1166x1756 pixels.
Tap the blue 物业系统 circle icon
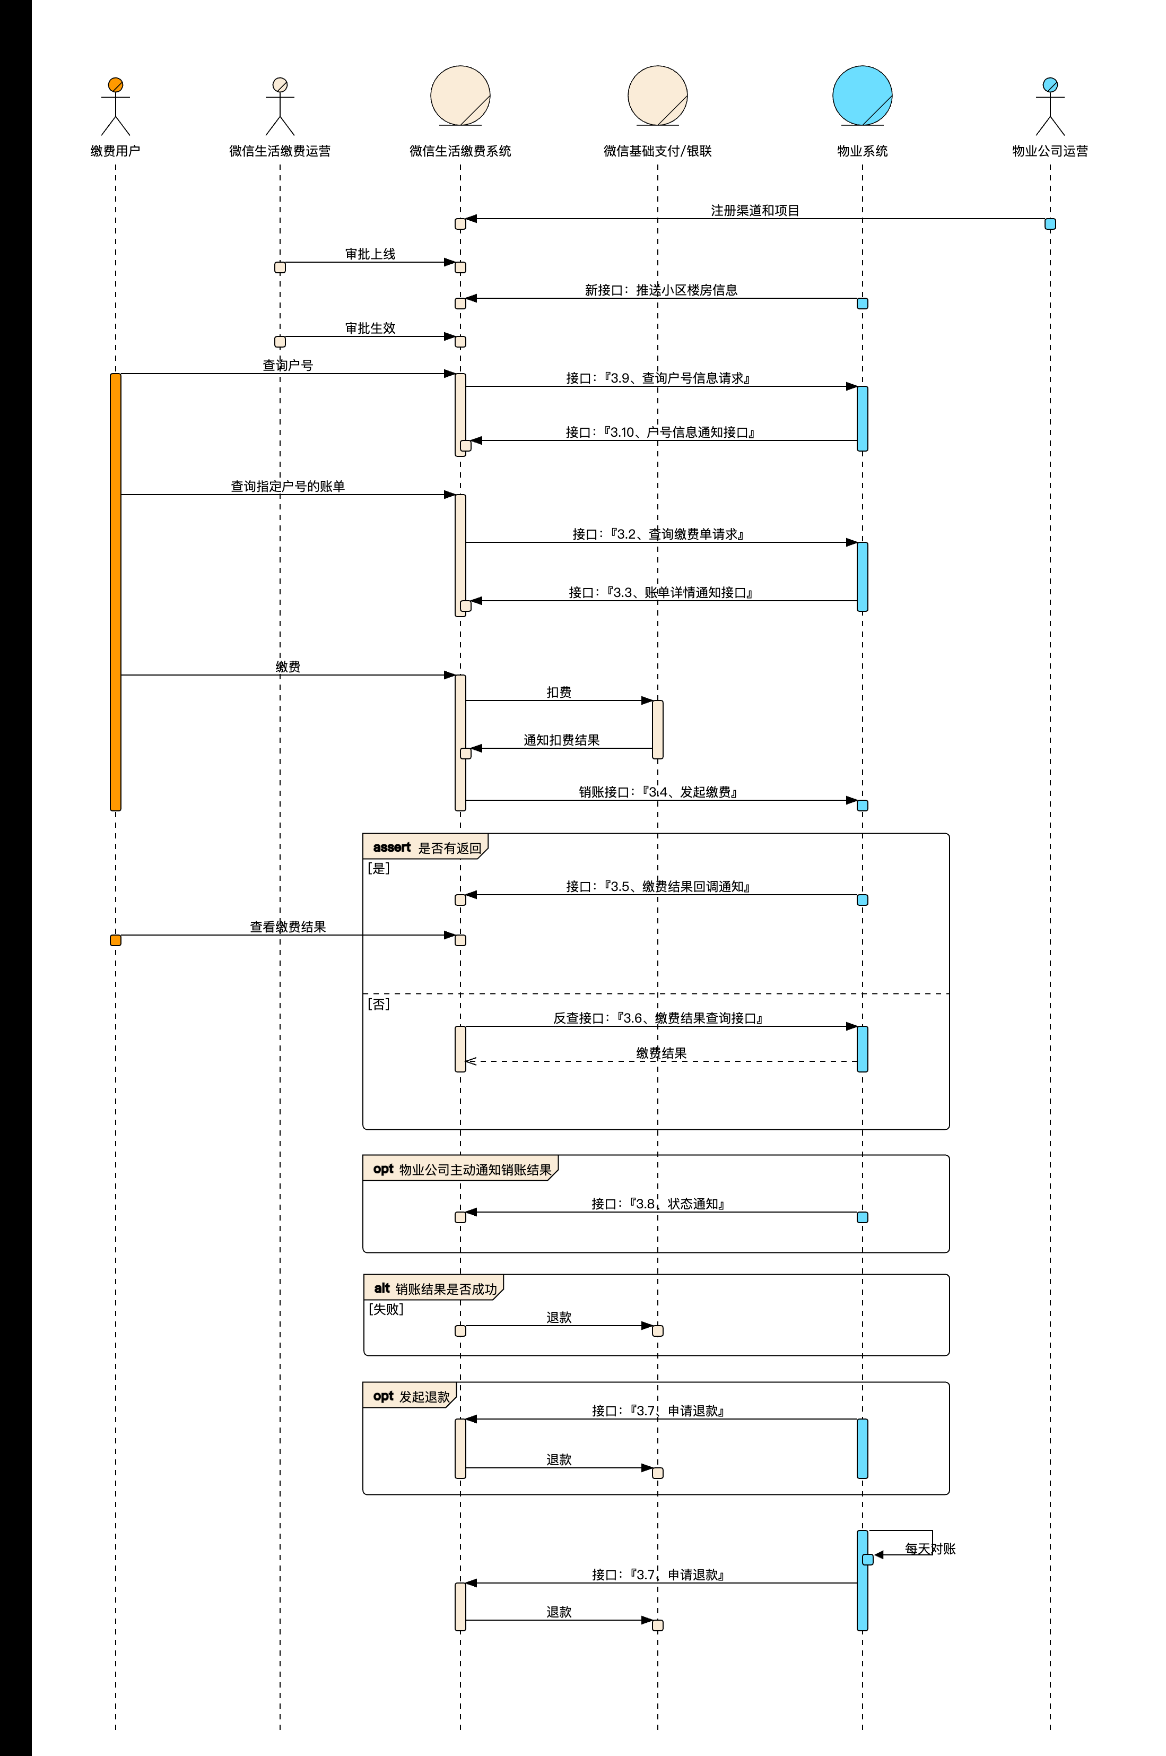(x=862, y=95)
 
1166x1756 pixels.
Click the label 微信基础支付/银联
(x=657, y=151)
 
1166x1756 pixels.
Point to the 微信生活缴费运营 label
(x=280, y=151)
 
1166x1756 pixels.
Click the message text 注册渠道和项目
(x=755, y=211)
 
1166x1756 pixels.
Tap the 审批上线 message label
(x=370, y=254)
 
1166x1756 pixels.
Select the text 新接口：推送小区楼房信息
(x=661, y=290)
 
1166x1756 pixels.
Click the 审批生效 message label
(x=370, y=328)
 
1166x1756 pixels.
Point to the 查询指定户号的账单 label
(x=288, y=487)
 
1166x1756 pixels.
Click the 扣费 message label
(x=559, y=693)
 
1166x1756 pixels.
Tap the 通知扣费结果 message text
(x=561, y=740)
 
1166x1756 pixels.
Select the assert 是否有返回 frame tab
(x=426, y=847)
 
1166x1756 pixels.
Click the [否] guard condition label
(x=379, y=1004)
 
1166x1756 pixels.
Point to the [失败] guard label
(x=386, y=1309)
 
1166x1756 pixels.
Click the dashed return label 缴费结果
(x=661, y=1053)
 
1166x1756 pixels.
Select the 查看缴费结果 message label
(x=288, y=927)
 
